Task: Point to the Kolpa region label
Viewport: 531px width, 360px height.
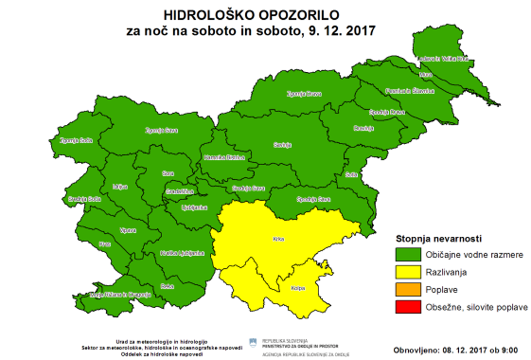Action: tap(298, 288)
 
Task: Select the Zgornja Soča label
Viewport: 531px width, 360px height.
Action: tap(76, 140)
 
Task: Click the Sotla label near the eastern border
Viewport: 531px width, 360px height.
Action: tap(351, 174)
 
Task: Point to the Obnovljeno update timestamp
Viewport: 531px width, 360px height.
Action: tap(455, 350)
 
